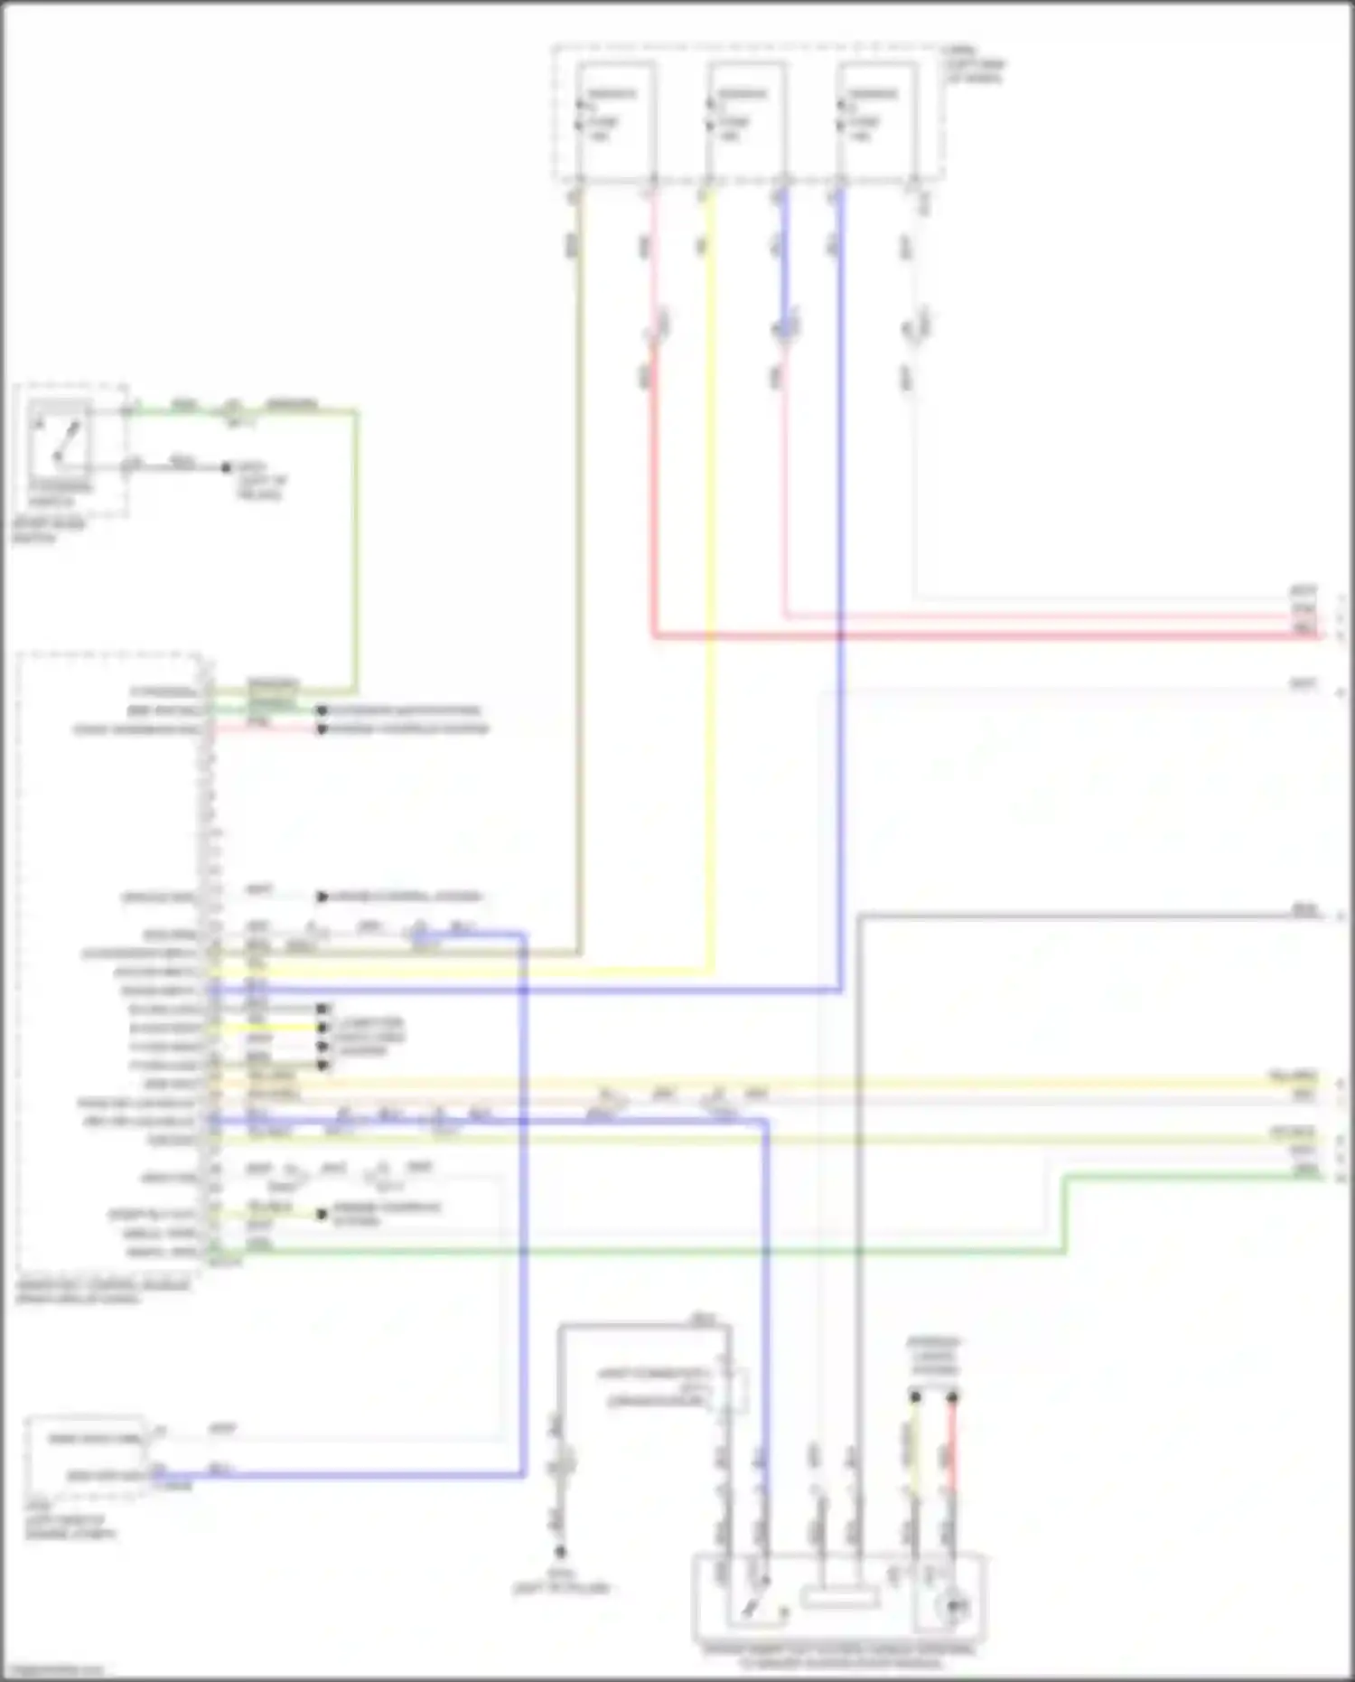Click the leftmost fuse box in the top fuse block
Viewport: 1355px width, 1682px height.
[x=615, y=117]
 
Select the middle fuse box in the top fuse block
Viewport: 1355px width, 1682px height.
[x=745, y=117]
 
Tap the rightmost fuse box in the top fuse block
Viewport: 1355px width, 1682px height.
[x=875, y=117]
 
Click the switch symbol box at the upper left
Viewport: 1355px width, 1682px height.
[x=60, y=438]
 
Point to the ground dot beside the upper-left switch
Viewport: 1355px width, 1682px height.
[x=227, y=467]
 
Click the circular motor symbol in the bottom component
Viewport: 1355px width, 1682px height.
[x=952, y=1606]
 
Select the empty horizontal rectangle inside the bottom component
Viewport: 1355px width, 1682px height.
[x=840, y=1596]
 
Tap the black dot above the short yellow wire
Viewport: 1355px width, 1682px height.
[x=915, y=1397]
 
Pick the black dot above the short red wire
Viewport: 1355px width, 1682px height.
[x=952, y=1397]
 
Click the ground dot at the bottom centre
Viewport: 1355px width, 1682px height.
[x=561, y=1552]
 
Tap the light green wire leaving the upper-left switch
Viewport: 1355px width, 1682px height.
[x=357, y=542]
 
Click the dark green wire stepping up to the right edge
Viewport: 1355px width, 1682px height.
[x=1066, y=1211]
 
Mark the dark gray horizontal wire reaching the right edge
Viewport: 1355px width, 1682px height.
[x=1084, y=916]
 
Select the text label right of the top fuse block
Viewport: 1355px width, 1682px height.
[x=974, y=65]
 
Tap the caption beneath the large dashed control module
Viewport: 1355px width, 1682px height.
[x=104, y=1292]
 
